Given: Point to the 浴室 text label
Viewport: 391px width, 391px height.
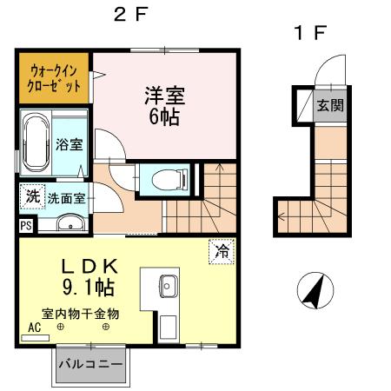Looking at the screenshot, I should [70, 144].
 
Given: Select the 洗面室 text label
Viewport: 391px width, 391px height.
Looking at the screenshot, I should [66, 198].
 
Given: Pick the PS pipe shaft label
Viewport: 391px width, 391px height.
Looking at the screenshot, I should [23, 226].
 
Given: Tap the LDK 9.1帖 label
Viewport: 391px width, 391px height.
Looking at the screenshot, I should [89, 275].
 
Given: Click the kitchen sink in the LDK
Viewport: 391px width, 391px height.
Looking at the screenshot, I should [168, 286].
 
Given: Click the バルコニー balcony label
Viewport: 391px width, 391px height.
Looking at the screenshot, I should [91, 363].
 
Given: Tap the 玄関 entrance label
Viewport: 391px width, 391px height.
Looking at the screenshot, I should [328, 107].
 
